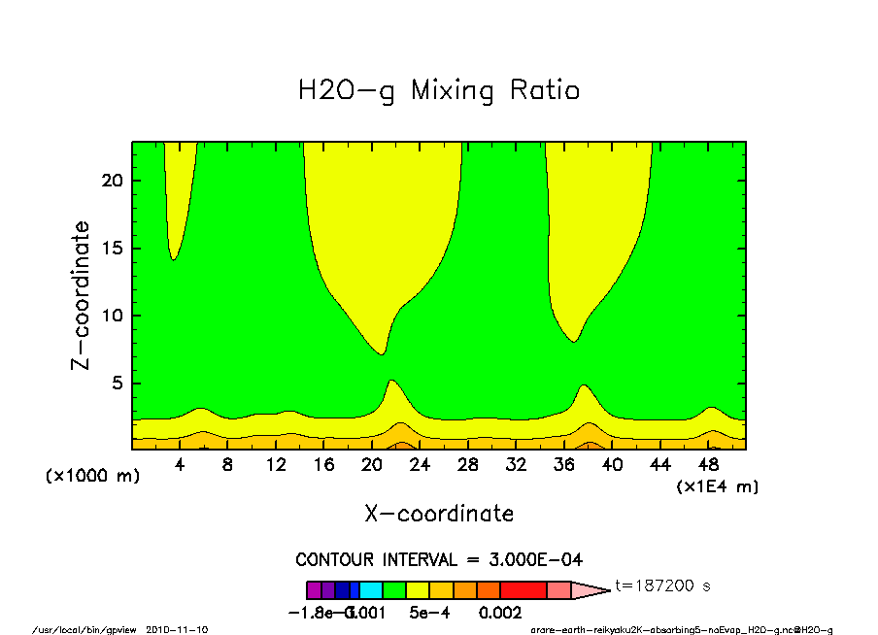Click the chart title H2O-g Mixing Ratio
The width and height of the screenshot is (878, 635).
click(x=439, y=91)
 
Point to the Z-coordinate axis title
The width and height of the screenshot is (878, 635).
click(x=82, y=295)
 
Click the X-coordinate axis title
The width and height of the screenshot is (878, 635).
click(x=439, y=514)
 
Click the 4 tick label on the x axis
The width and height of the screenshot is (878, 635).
click(x=180, y=465)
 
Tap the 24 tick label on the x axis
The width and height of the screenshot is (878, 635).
click(x=420, y=465)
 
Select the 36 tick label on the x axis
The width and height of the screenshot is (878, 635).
click(x=564, y=465)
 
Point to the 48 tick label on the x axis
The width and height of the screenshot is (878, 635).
click(x=708, y=465)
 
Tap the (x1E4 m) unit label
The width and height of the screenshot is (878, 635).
click(x=717, y=485)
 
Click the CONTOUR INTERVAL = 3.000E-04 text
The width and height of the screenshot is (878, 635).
click(x=439, y=560)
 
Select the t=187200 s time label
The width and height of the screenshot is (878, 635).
click(x=663, y=586)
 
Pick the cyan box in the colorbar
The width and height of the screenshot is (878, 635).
click(x=371, y=589)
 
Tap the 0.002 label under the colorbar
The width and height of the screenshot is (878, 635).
click(x=499, y=613)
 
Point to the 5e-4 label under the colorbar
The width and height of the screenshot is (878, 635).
click(x=425, y=613)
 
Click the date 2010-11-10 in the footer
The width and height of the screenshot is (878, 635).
click(x=177, y=629)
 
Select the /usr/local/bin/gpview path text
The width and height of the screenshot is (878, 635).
click(x=86, y=629)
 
